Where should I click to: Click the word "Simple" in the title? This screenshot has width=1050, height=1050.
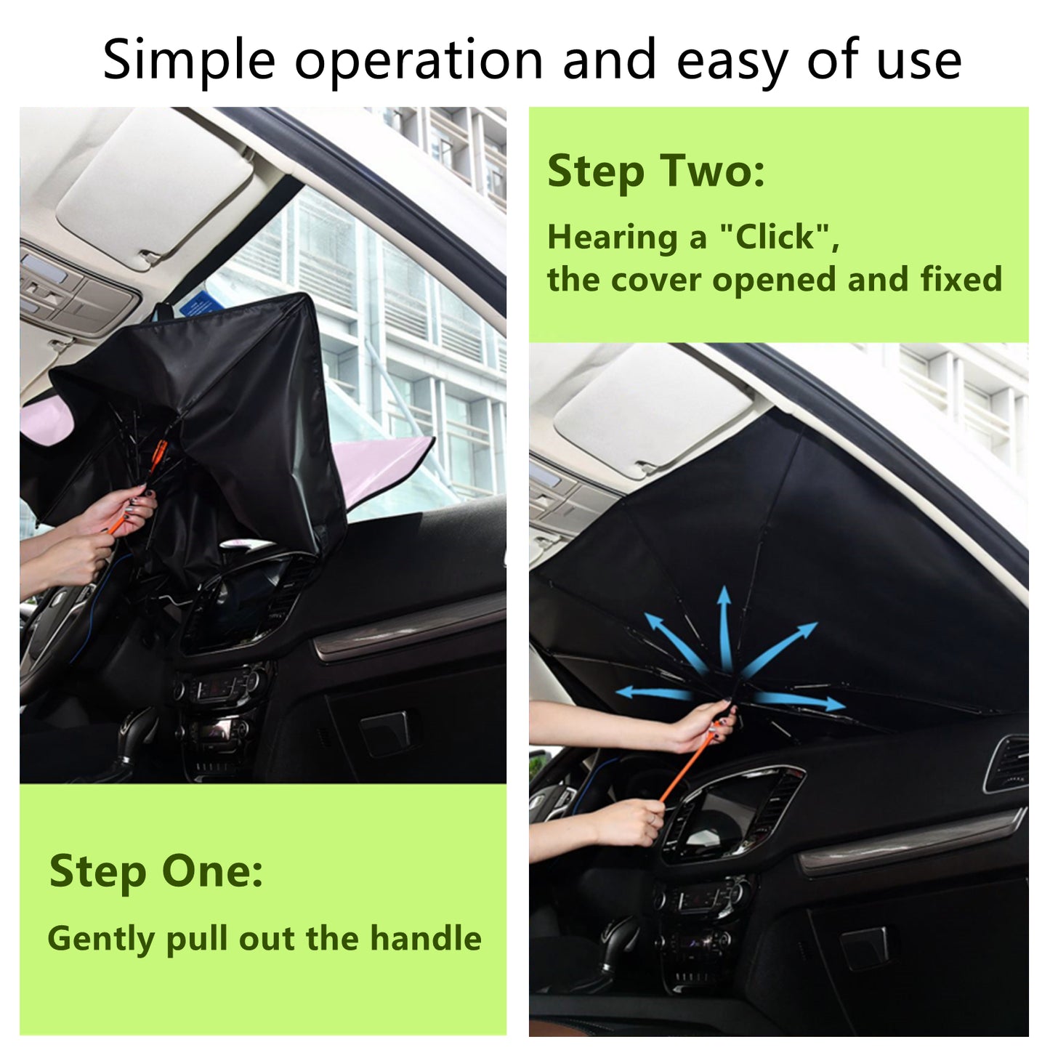[x=189, y=61]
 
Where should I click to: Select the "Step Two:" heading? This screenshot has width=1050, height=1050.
[x=655, y=171]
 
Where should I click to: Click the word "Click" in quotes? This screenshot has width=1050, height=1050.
[x=777, y=237]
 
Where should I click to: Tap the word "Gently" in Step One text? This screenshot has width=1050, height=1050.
[x=102, y=940]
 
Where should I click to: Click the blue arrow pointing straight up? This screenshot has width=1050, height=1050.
[x=724, y=625]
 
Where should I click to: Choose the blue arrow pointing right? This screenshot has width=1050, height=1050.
[x=799, y=701]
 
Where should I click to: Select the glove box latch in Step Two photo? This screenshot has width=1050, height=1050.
[x=865, y=948]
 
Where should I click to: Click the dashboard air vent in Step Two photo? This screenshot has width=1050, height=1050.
[x=1006, y=763]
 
